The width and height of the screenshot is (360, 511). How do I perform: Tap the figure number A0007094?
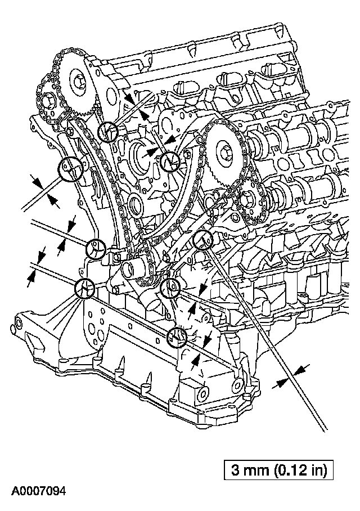pos(33,492)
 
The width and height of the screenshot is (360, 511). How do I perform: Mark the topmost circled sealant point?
pos(107,132)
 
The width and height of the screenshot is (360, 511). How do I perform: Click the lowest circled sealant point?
pos(177,337)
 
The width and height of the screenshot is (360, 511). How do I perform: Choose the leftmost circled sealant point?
pos(70,169)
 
